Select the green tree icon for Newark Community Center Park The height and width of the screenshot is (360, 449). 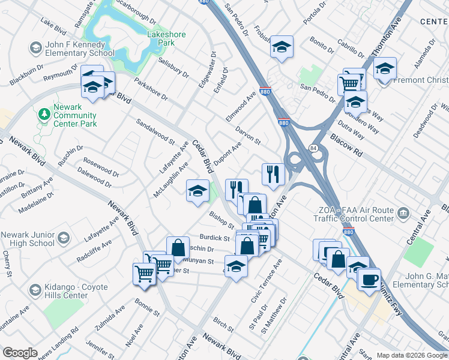pos(43,113)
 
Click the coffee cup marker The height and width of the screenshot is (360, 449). pos(369,279)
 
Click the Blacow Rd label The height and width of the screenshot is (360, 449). pos(346,145)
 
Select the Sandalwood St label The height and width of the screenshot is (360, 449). pos(155,133)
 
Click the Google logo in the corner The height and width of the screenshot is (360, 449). pos(20,353)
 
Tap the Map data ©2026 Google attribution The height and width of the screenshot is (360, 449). pos(412,355)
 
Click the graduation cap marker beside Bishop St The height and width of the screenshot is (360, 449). pos(197,191)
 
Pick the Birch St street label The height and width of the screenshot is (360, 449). pos(222,325)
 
